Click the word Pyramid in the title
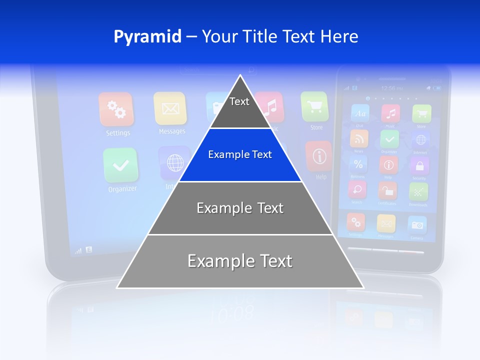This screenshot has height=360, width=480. tap(147, 36)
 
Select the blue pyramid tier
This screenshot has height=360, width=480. tap(240, 154)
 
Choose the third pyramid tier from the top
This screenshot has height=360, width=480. tap(240, 208)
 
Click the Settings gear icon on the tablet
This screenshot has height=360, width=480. tap(116, 109)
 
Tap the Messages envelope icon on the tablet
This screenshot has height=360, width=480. tap(170, 108)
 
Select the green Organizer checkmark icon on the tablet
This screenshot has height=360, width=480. tap(120, 165)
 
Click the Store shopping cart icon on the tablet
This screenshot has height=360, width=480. tap(314, 106)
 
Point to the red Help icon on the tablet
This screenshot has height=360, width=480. tap(319, 156)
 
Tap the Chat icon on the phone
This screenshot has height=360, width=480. tap(360, 113)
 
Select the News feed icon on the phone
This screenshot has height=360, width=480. tap(359, 138)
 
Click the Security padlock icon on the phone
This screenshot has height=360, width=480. tap(419, 165)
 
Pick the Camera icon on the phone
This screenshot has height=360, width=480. tap(416, 225)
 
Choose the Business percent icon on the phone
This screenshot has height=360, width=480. tap(358, 164)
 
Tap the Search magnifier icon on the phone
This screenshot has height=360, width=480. tap(357, 190)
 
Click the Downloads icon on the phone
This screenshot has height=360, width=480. tap(418, 191)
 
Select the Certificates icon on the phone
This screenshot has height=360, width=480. tap(387, 190)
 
